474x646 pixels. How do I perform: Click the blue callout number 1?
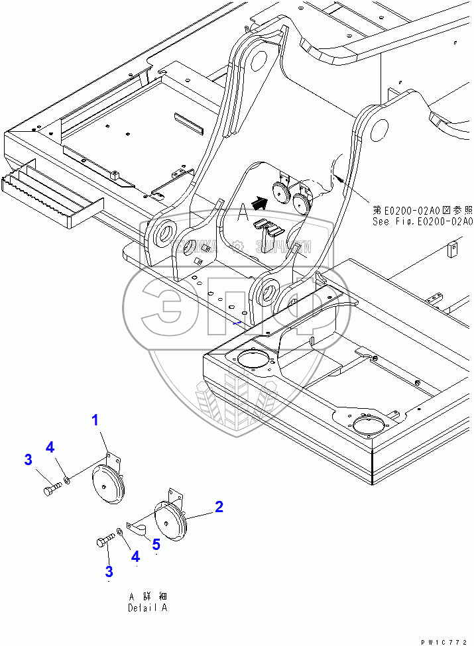coord(95,419)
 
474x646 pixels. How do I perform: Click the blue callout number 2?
coord(218,508)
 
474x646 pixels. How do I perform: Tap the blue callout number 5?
coord(156,545)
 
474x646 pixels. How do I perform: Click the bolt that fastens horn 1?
coord(51,491)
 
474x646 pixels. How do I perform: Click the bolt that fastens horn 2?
coord(105,543)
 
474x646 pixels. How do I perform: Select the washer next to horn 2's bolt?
coord(118,531)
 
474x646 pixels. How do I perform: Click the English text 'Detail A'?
coord(148,608)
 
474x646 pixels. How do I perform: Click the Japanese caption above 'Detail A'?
coord(148,596)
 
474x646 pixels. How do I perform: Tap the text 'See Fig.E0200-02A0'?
coord(422,222)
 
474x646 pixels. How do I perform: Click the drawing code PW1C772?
coord(445,641)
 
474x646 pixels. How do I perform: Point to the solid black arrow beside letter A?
coord(261,203)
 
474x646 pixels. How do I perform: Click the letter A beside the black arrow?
coord(243,213)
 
